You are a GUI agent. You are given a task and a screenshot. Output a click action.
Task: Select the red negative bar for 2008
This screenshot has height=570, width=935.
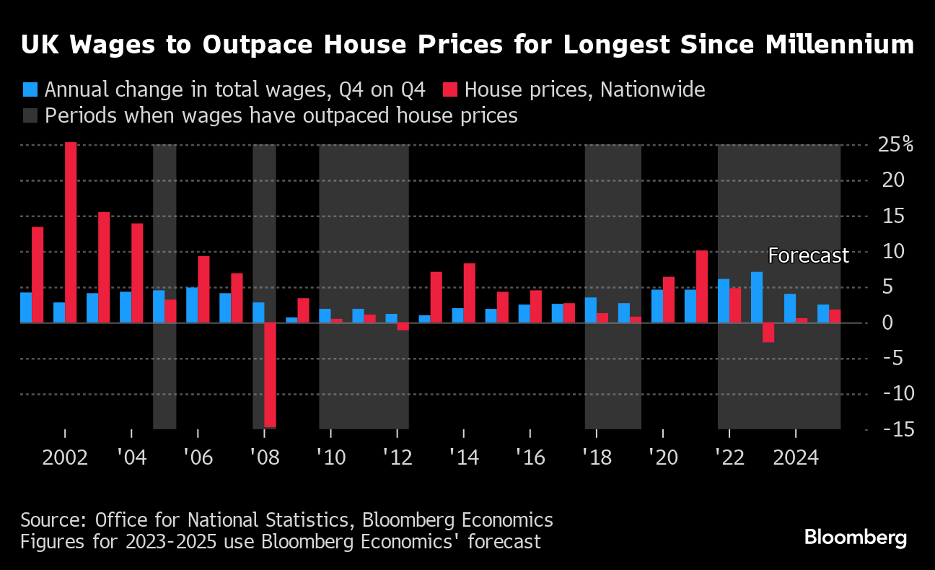click(270, 375)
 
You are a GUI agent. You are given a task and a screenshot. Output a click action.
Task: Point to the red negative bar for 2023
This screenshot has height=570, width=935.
click(768, 333)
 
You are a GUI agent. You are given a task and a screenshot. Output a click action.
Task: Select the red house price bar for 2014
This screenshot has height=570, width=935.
click(469, 293)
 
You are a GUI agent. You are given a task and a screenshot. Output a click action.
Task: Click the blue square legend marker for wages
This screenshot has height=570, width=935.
click(30, 90)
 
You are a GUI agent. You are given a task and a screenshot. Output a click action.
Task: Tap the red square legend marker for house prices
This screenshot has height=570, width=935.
click(450, 90)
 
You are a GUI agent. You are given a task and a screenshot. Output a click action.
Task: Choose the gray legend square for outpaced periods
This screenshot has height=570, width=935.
click(30, 116)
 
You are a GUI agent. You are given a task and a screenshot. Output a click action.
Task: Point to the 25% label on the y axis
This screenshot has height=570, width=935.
click(895, 144)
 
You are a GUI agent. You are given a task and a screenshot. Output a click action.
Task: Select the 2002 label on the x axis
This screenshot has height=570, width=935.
click(65, 457)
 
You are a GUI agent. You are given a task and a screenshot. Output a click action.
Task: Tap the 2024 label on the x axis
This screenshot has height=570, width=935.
click(795, 457)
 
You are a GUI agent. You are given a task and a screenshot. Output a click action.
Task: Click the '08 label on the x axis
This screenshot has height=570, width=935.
click(264, 457)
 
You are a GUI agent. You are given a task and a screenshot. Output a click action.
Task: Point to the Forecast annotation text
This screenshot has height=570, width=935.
click(808, 255)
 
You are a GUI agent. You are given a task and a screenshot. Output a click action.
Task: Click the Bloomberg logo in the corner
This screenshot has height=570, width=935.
click(855, 538)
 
